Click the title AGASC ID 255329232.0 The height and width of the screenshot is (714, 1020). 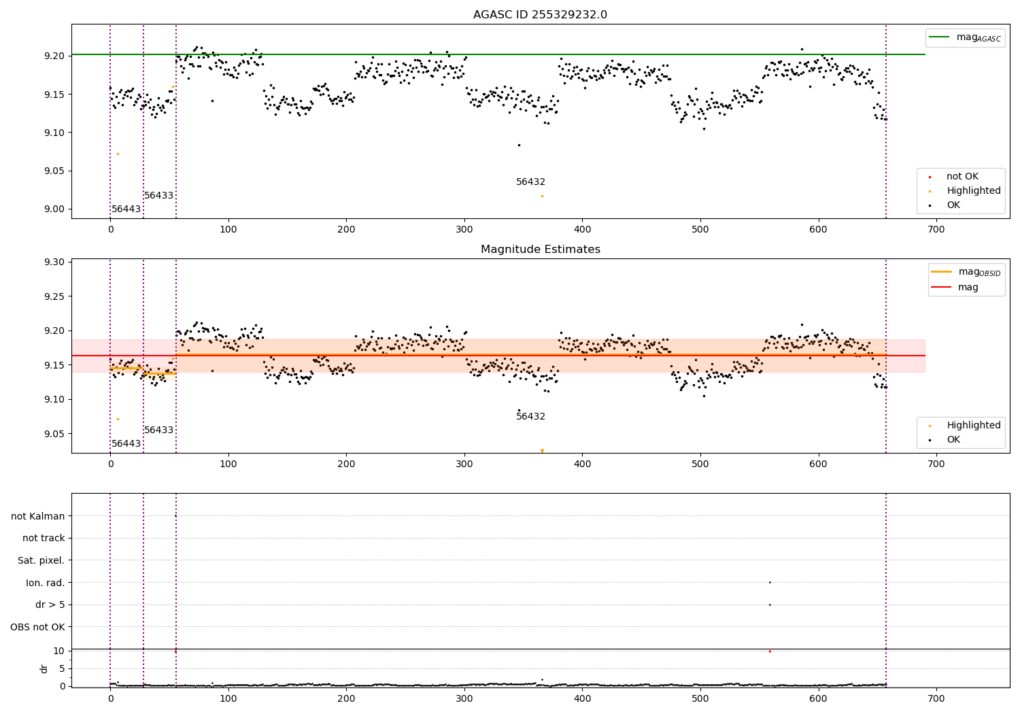pyautogui.click(x=540, y=15)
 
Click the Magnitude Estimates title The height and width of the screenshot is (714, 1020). pyautogui.click(x=540, y=250)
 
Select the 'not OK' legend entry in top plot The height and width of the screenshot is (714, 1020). pyautogui.click(x=962, y=177)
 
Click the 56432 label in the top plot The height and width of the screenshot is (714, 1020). pyautogui.click(x=530, y=182)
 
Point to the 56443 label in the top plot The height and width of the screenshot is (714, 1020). pyautogui.click(x=126, y=209)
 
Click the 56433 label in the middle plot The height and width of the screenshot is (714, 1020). pyautogui.click(x=158, y=430)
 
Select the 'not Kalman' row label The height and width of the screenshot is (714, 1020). pyautogui.click(x=38, y=517)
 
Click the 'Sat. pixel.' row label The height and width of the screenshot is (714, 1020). pyautogui.click(x=41, y=561)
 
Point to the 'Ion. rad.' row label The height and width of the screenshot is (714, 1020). pyautogui.click(x=46, y=583)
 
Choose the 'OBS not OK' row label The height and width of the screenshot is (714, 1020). pyautogui.click(x=38, y=627)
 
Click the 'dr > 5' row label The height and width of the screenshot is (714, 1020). pyautogui.click(x=50, y=605)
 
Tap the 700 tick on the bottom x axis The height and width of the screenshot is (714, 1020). pyautogui.click(x=936, y=698)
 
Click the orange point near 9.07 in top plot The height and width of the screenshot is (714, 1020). pyautogui.click(x=118, y=154)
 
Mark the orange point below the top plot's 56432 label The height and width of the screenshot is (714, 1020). pyautogui.click(x=542, y=196)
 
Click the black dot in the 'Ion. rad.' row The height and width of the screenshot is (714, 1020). pyautogui.click(x=770, y=582)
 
